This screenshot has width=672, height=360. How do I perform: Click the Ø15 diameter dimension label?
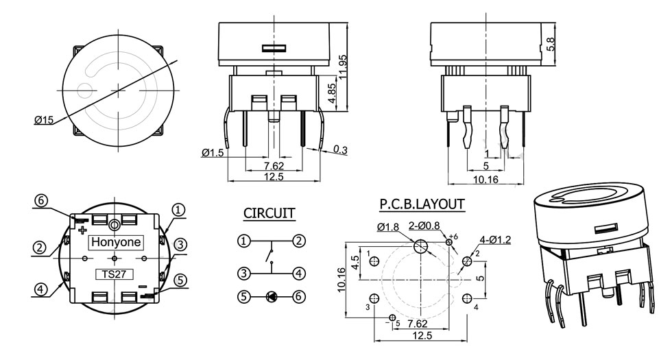click(43, 120)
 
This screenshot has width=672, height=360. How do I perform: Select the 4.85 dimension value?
click(332, 94)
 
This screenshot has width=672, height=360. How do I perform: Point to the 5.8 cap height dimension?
click(550, 43)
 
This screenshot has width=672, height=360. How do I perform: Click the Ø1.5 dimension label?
click(213, 153)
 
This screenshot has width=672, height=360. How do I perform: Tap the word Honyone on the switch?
click(115, 242)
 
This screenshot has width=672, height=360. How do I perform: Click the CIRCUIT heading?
click(269, 213)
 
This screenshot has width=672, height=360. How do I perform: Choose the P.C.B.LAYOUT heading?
click(422, 204)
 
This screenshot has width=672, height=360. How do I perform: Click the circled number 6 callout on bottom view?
click(41, 201)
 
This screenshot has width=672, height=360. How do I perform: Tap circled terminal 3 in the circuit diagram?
click(243, 274)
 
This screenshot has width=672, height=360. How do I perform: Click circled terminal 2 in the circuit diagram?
click(298, 241)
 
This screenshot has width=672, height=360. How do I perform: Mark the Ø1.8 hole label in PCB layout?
click(388, 227)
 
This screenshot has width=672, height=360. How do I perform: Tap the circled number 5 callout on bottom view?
click(180, 279)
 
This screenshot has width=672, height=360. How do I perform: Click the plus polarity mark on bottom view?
click(83, 230)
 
